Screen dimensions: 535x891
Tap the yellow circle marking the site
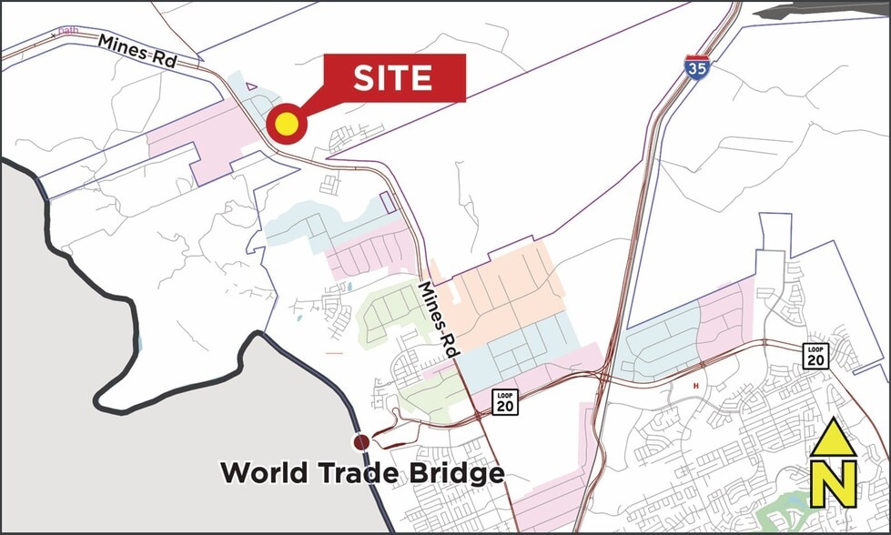(286, 125)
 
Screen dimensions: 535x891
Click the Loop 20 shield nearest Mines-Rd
(506, 401)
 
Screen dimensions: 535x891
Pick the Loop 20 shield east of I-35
(815, 356)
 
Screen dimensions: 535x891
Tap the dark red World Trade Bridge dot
(361, 442)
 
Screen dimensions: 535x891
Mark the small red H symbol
(696, 386)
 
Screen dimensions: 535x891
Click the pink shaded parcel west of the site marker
(196, 146)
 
